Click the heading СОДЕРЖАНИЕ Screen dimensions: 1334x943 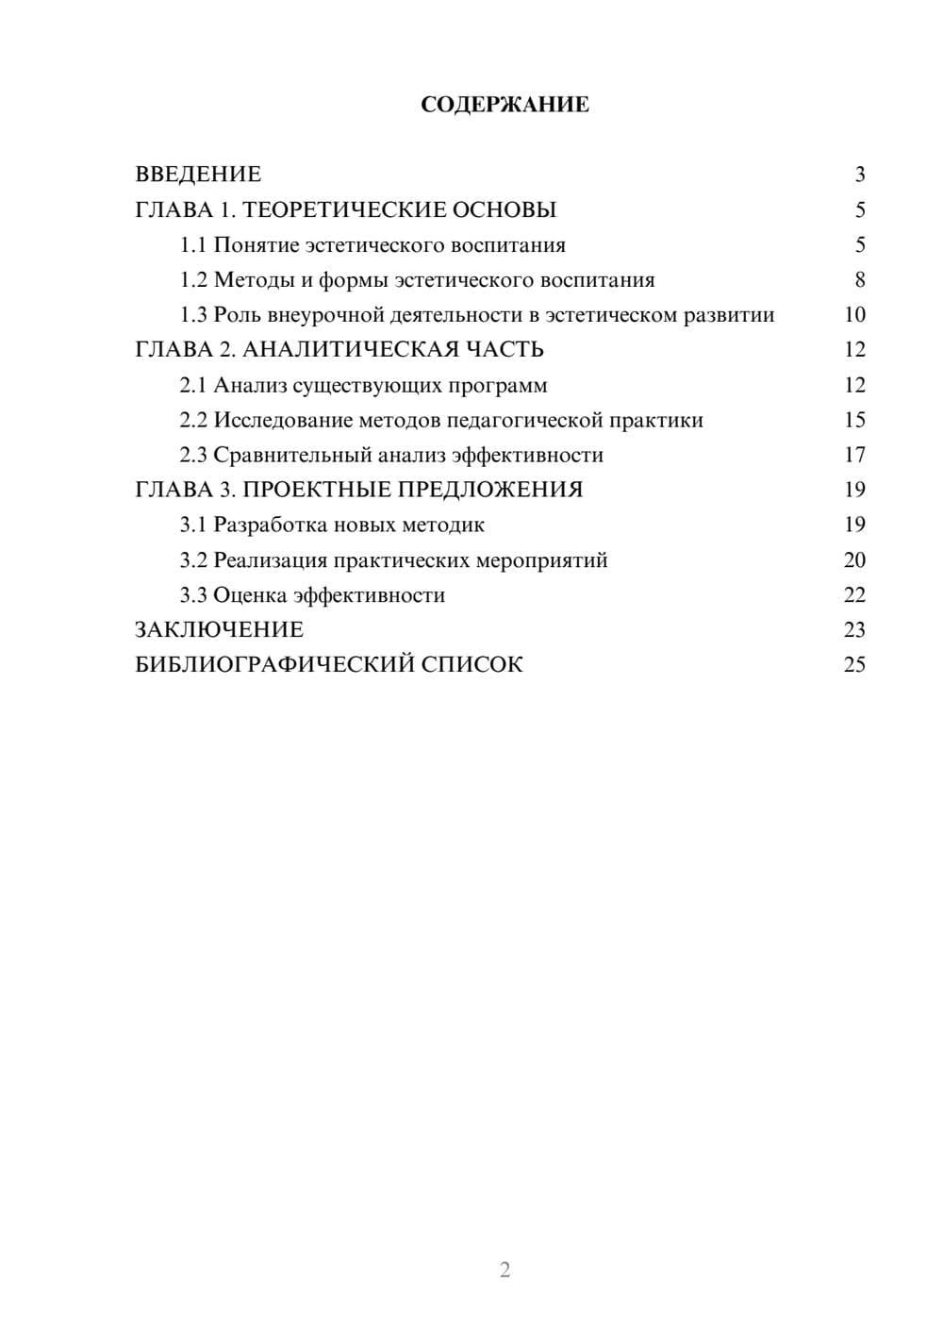(505, 105)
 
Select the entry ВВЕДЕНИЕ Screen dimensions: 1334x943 (198, 175)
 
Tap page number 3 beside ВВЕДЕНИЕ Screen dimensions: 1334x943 (859, 175)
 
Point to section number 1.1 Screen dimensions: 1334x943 (193, 245)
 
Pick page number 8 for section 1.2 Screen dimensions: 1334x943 (859, 280)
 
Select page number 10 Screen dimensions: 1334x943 (854, 315)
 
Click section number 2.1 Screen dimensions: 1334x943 (193, 385)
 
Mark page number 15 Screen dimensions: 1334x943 (854, 420)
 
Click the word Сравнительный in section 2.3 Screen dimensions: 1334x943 (291, 455)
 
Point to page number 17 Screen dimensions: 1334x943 (854, 455)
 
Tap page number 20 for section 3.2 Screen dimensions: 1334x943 (854, 560)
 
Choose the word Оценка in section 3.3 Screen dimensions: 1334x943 (250, 595)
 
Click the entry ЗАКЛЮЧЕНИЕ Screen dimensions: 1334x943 (219, 630)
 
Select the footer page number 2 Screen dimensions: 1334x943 (505, 1270)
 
